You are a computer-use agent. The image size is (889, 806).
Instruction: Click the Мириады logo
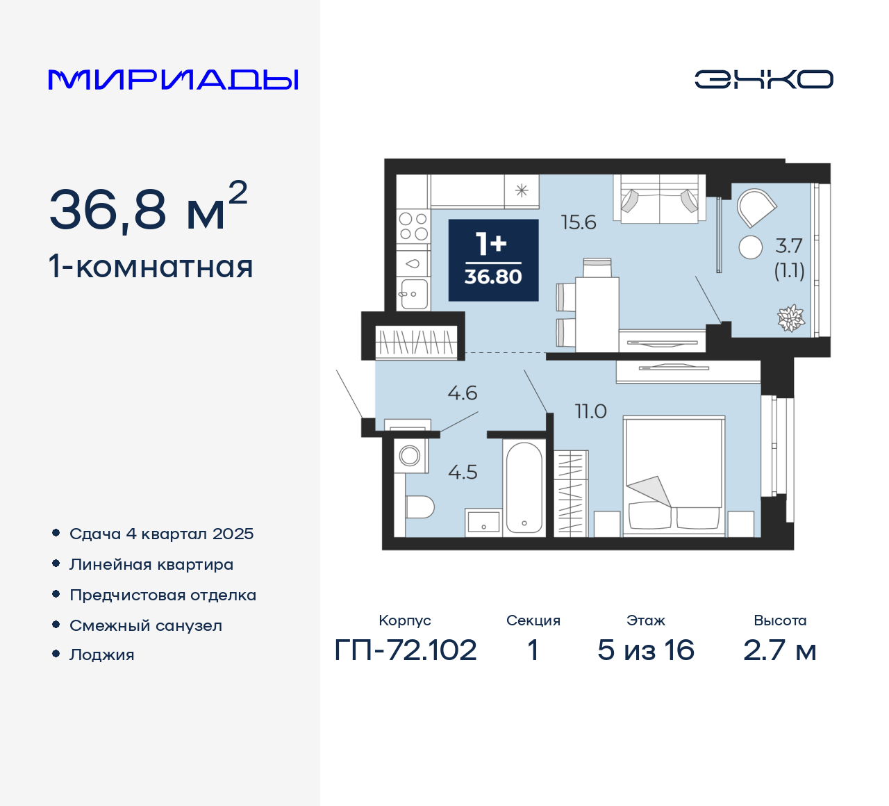coord(174,79)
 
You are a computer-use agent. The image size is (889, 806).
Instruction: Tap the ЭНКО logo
coord(763,79)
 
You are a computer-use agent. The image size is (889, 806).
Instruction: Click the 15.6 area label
coord(579,222)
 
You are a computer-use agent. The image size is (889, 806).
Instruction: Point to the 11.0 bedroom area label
coord(590,411)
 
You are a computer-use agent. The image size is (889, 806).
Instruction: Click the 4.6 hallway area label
coord(463,393)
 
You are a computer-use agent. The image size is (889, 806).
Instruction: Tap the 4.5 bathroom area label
coord(463,472)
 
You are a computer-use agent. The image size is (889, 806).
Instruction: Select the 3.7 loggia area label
coord(789,246)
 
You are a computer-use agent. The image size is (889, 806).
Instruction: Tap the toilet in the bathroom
coord(419,507)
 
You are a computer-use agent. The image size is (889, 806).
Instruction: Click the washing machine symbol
coord(410,456)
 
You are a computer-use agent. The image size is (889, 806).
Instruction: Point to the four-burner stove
coord(413,227)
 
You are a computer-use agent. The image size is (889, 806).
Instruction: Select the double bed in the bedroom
coord(673,475)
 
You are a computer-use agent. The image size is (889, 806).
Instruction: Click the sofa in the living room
coord(658,199)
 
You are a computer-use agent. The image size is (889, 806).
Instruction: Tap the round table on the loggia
coord(751,247)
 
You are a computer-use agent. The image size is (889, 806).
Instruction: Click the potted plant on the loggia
coord(790,318)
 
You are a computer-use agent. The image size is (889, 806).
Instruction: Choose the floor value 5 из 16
coord(645,650)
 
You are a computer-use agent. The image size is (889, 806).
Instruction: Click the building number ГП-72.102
coord(406,650)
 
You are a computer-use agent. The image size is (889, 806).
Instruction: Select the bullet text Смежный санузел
coord(146,625)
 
